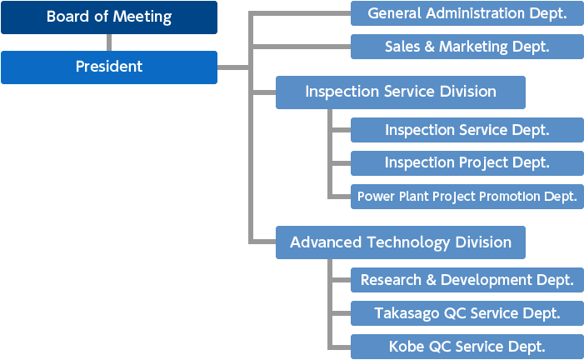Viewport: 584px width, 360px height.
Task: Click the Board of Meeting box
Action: click(x=108, y=17)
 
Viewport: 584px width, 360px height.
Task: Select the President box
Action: click(x=108, y=67)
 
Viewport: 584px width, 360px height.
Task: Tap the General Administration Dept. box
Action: click(x=467, y=13)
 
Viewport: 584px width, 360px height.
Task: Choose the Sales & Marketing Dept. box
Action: click(x=467, y=47)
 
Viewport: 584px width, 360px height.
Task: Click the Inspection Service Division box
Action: click(x=400, y=92)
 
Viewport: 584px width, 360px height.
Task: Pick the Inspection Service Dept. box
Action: click(x=467, y=130)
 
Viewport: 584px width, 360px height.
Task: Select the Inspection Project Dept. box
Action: click(x=467, y=162)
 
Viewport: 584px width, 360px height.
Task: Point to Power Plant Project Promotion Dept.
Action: click(x=467, y=197)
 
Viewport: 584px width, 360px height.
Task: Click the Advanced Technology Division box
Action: click(x=400, y=242)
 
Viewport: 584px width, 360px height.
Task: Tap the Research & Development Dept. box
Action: click(x=467, y=280)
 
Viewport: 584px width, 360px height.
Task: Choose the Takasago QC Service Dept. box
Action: click(x=467, y=313)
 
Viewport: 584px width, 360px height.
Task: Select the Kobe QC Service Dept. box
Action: click(x=467, y=347)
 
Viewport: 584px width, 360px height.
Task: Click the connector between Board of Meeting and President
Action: click(x=108, y=42)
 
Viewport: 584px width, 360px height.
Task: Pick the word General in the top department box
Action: click(x=393, y=13)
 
